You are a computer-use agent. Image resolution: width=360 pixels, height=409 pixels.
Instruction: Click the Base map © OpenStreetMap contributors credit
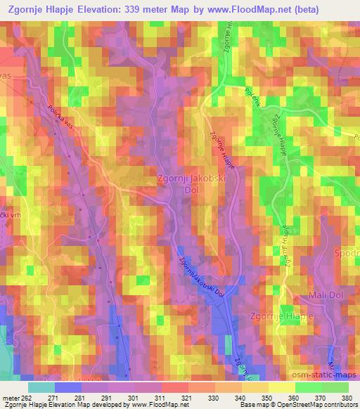tap(296, 405)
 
